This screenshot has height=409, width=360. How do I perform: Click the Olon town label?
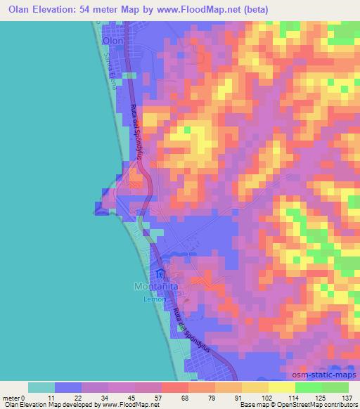[112, 41]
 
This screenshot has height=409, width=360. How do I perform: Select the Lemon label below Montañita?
[154, 299]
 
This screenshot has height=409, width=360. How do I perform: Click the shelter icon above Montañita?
[160, 273]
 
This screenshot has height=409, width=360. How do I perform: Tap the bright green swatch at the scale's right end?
[335, 387]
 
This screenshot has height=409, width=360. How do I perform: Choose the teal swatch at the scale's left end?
[41, 387]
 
